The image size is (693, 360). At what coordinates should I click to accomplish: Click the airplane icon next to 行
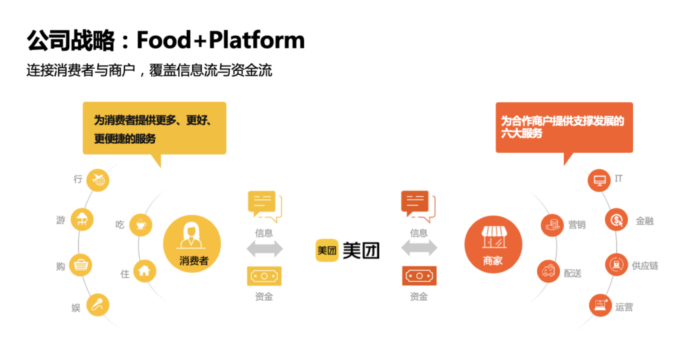pos(98,180)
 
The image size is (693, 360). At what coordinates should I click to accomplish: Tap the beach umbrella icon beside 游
pos(82,219)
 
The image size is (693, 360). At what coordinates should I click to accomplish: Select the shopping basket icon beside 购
pos(81,265)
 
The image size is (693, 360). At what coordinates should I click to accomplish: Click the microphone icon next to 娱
pos(98,305)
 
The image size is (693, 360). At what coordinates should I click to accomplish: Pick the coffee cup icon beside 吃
pos(141,225)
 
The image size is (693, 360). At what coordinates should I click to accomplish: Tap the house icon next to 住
pos(144,271)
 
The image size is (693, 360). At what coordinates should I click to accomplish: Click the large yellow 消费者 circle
pos(192,244)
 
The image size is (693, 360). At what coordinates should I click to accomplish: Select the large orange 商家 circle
pos(493,244)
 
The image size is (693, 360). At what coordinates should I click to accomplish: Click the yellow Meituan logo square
pos(327,250)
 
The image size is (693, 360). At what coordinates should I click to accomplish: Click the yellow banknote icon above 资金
pos(264,276)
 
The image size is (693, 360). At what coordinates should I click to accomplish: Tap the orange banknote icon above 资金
pos(419,276)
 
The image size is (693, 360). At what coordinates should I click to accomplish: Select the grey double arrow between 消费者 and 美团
pos(265,249)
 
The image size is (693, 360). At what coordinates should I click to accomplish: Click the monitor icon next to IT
pos(599,180)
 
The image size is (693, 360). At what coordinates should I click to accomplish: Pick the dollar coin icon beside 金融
pos(617,220)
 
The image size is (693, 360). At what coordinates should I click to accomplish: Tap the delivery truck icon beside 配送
pos(548,271)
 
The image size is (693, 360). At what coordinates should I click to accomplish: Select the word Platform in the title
pos(257,40)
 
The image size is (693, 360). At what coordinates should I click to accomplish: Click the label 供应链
pos(645,266)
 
